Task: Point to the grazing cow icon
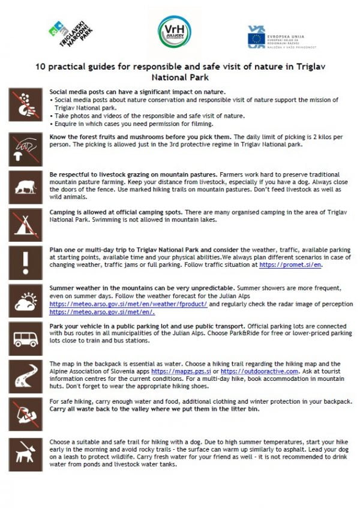point(26,184)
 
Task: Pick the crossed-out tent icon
point(26,223)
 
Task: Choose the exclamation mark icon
point(26,261)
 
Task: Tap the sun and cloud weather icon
point(26,299)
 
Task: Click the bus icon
point(26,339)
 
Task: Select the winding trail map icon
point(26,376)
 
